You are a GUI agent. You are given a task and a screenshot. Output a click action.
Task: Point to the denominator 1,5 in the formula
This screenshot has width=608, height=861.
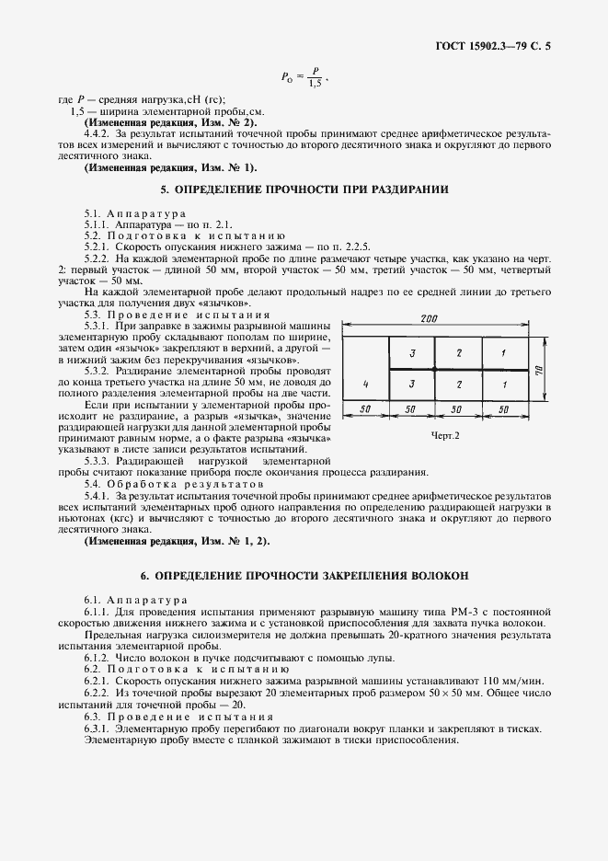click(315, 85)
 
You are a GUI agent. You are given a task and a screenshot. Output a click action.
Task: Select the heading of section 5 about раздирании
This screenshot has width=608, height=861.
click(304, 190)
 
